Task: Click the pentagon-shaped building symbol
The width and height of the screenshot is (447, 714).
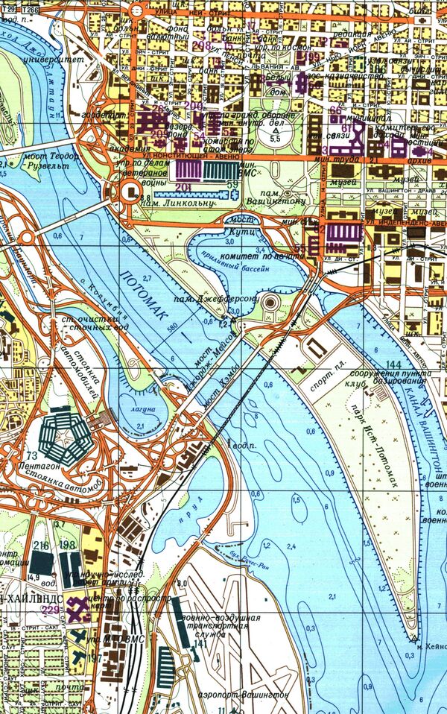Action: pos(64,435)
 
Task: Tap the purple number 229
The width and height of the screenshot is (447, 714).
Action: pos(51,610)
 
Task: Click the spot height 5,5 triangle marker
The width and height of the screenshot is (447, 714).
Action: pos(275,130)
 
